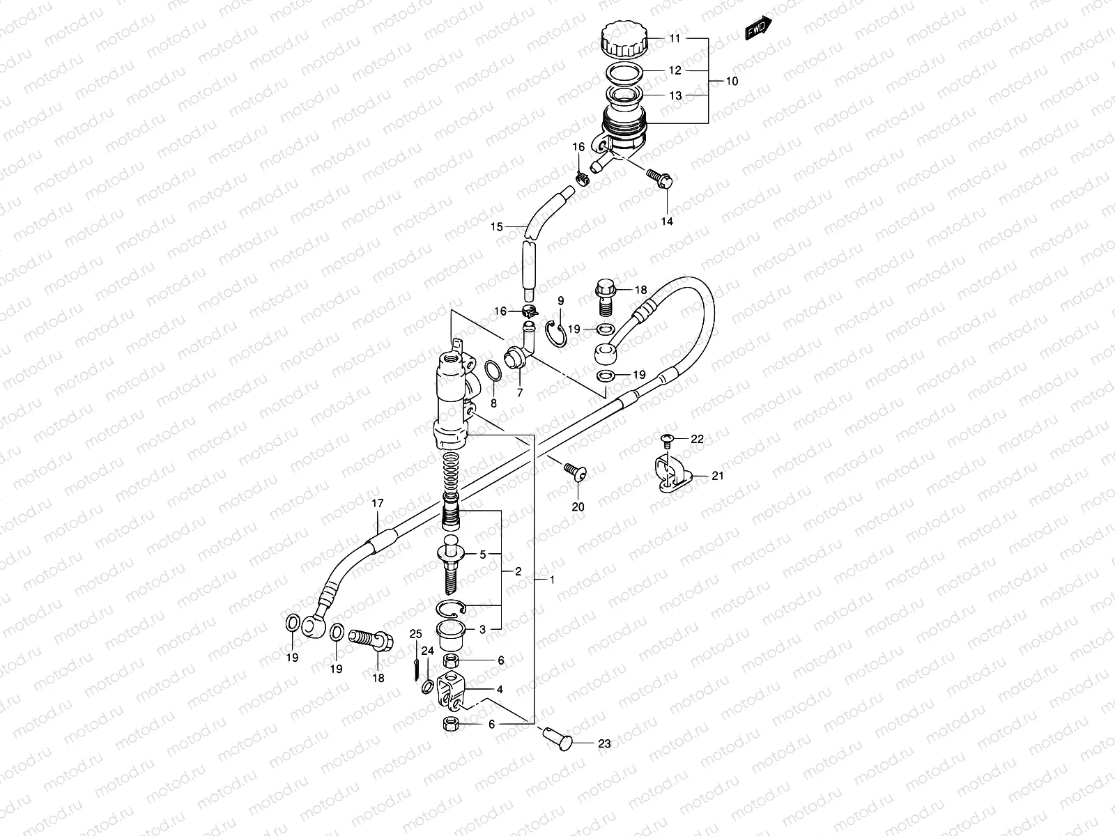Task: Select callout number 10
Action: click(732, 82)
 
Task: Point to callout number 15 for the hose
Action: click(496, 226)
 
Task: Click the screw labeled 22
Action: click(666, 438)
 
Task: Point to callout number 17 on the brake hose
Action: click(377, 502)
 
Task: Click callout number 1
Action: click(553, 580)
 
